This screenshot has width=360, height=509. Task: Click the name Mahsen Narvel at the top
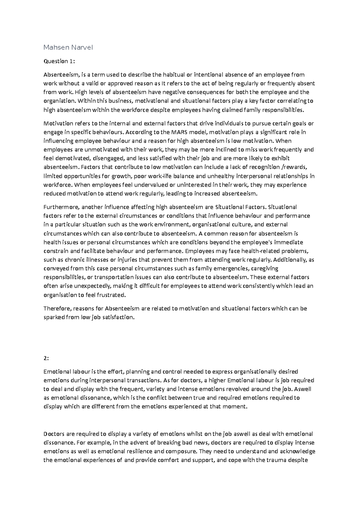tap(68, 47)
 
